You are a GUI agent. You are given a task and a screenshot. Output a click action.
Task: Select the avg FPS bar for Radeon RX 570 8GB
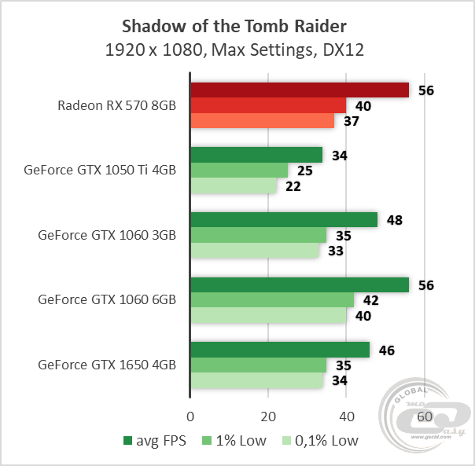[300, 90]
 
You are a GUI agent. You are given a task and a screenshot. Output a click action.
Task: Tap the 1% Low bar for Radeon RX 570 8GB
[268, 105]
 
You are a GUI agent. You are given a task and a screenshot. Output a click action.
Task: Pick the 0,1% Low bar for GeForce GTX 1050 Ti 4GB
[234, 185]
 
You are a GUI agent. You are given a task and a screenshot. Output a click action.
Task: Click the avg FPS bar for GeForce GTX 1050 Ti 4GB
[256, 155]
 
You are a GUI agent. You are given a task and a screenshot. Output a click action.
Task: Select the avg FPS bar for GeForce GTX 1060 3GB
[284, 220]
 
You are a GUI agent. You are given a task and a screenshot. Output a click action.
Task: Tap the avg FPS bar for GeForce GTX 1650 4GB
[280, 350]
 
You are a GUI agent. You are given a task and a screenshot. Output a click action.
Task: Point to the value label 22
[293, 186]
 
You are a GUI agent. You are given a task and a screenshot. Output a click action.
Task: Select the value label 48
[395, 220]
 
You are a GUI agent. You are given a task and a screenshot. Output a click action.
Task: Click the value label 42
[371, 300]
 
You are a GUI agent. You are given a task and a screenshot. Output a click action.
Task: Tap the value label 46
[387, 350]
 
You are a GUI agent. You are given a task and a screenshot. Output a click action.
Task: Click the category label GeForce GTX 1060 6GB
[107, 299]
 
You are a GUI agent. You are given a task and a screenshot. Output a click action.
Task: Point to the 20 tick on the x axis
[268, 416]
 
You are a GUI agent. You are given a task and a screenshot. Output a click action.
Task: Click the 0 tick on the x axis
[190, 416]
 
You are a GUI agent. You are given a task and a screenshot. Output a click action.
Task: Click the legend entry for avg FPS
[155, 441]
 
